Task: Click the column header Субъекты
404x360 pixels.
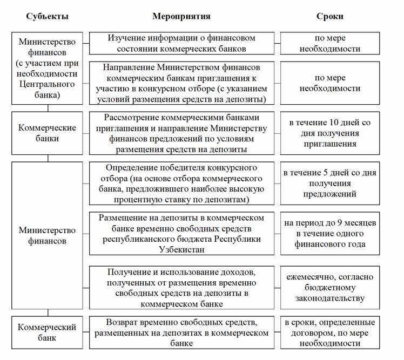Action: pyautogui.click(x=48, y=16)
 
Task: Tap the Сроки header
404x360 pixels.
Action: pyautogui.click(x=330, y=16)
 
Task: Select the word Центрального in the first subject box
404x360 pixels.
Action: pyautogui.click(x=48, y=84)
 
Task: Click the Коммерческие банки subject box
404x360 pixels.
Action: pyautogui.click(x=48, y=133)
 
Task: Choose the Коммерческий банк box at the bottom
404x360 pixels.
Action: pyautogui.click(x=48, y=332)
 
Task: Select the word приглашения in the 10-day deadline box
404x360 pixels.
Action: pyautogui.click(x=330, y=144)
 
